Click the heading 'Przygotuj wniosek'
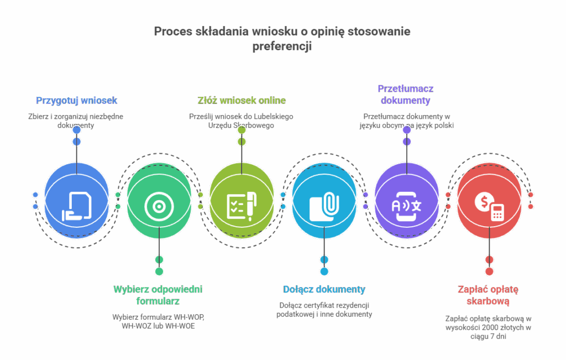[76, 101]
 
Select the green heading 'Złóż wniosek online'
[242, 101]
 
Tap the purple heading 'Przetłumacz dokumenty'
[406, 95]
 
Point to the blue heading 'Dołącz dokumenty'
[324, 289]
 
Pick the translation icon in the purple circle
[406, 205]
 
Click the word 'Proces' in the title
[172, 32]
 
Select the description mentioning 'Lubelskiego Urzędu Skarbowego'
[241, 121]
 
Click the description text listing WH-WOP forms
[158, 321]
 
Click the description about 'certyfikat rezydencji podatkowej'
[324, 310]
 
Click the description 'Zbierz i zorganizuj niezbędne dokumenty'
[76, 121]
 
